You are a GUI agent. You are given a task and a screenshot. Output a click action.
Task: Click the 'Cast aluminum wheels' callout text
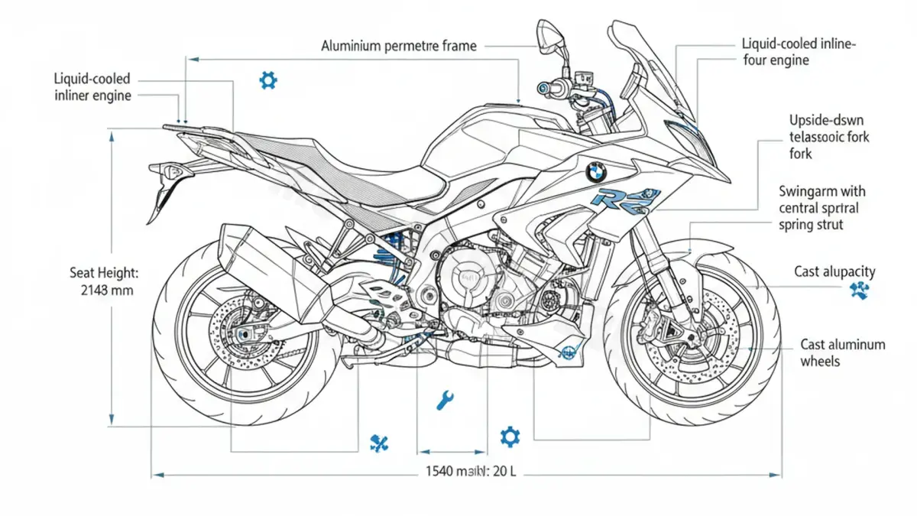click(x=842, y=352)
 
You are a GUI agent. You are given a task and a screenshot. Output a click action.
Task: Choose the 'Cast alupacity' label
click(x=834, y=271)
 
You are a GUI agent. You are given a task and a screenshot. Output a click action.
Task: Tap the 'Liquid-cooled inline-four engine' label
click(x=798, y=53)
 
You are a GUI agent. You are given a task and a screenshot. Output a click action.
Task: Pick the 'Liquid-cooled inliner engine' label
click(x=92, y=87)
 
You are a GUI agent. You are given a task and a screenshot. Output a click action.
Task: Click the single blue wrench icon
click(x=444, y=399)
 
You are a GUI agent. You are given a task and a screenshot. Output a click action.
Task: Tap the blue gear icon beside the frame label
click(x=267, y=80)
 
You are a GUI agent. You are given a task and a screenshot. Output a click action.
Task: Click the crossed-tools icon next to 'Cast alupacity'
click(x=860, y=290)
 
